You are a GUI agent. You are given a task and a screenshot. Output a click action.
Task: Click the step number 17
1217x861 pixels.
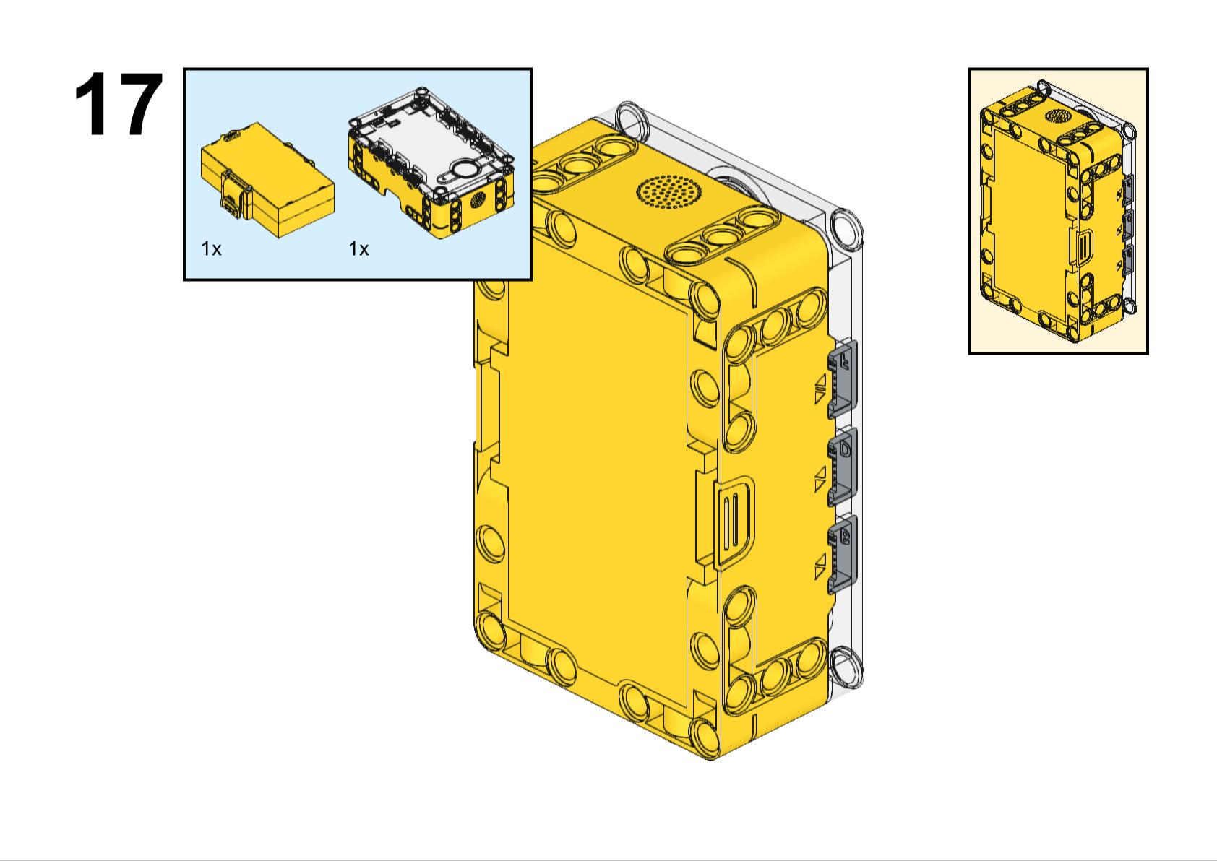pos(117,105)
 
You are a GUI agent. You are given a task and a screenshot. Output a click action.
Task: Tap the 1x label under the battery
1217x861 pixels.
pos(211,249)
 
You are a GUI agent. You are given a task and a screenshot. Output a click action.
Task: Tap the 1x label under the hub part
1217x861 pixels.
pos(358,249)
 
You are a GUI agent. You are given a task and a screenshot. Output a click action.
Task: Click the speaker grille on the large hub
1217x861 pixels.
pos(668,192)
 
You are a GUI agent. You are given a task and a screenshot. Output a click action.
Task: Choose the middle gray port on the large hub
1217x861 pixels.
pos(843,466)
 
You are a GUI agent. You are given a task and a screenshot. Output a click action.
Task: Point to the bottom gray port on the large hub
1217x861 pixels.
pos(843,553)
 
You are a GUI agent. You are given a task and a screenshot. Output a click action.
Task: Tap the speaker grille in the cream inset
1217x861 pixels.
pos(1059,116)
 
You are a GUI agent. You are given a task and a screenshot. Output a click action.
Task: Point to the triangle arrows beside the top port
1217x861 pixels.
pos(820,389)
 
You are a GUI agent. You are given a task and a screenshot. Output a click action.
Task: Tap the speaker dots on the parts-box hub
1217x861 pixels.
pos(478,200)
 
